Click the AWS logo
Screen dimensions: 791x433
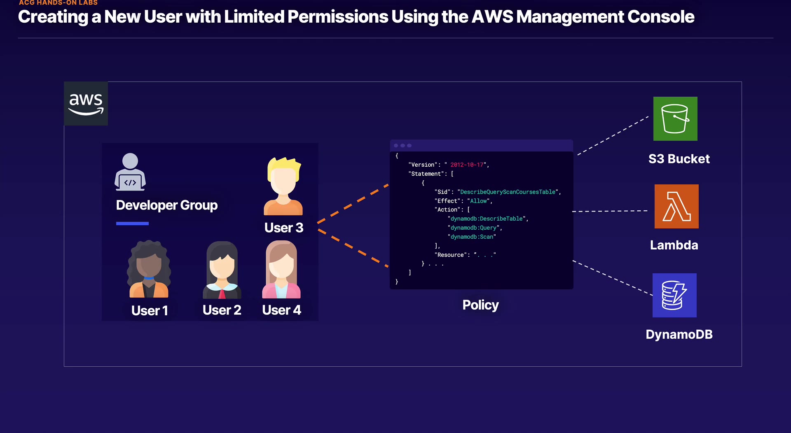click(86, 103)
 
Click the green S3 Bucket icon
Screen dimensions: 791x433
click(675, 119)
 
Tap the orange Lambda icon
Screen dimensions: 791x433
click(676, 206)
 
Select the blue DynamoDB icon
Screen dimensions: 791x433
click(674, 295)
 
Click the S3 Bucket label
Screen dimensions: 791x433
click(679, 159)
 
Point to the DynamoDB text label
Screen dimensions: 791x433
click(679, 334)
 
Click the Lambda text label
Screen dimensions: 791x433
click(674, 245)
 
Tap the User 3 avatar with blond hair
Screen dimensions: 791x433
click(283, 186)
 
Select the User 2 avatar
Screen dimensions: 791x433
click(222, 270)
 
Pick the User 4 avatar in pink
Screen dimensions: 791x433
click(281, 269)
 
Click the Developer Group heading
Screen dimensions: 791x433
click(167, 205)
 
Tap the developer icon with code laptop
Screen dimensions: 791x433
click(130, 172)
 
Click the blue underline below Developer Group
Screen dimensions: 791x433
click(132, 223)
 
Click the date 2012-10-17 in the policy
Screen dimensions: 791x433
click(467, 165)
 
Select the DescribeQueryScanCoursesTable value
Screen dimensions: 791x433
click(508, 192)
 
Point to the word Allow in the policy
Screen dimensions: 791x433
click(478, 201)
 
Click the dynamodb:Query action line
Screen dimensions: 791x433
click(474, 228)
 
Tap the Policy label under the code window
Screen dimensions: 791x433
click(480, 305)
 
